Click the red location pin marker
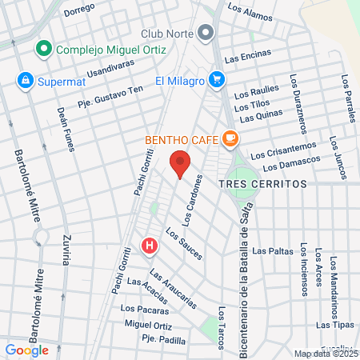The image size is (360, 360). point(180,164)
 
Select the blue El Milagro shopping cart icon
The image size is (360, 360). point(216,80)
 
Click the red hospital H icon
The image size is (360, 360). point(149,246)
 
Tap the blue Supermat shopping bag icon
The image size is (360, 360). point(26,80)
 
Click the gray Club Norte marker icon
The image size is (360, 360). point(206,34)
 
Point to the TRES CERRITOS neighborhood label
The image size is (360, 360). point(262,183)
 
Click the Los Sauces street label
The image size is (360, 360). point(184,244)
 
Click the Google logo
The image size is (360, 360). point(26,350)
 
